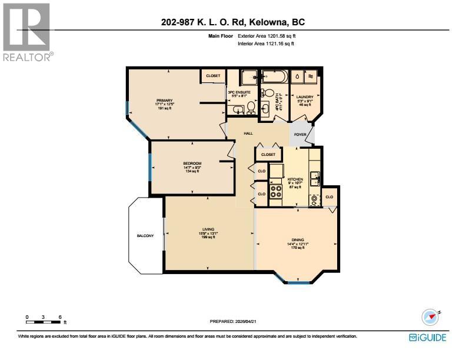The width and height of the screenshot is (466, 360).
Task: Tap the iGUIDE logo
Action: (427, 337)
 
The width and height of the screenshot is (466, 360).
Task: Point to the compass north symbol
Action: (431, 317)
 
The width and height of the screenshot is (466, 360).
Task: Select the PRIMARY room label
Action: (164, 101)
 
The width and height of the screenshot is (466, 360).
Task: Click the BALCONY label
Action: (145, 236)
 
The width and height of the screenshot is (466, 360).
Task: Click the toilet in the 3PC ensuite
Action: (250, 107)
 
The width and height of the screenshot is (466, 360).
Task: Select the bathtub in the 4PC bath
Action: (274, 76)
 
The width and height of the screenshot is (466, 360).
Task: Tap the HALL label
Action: (240, 134)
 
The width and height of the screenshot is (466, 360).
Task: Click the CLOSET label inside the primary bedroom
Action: (213, 76)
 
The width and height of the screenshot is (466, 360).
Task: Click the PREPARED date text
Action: (233, 322)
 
